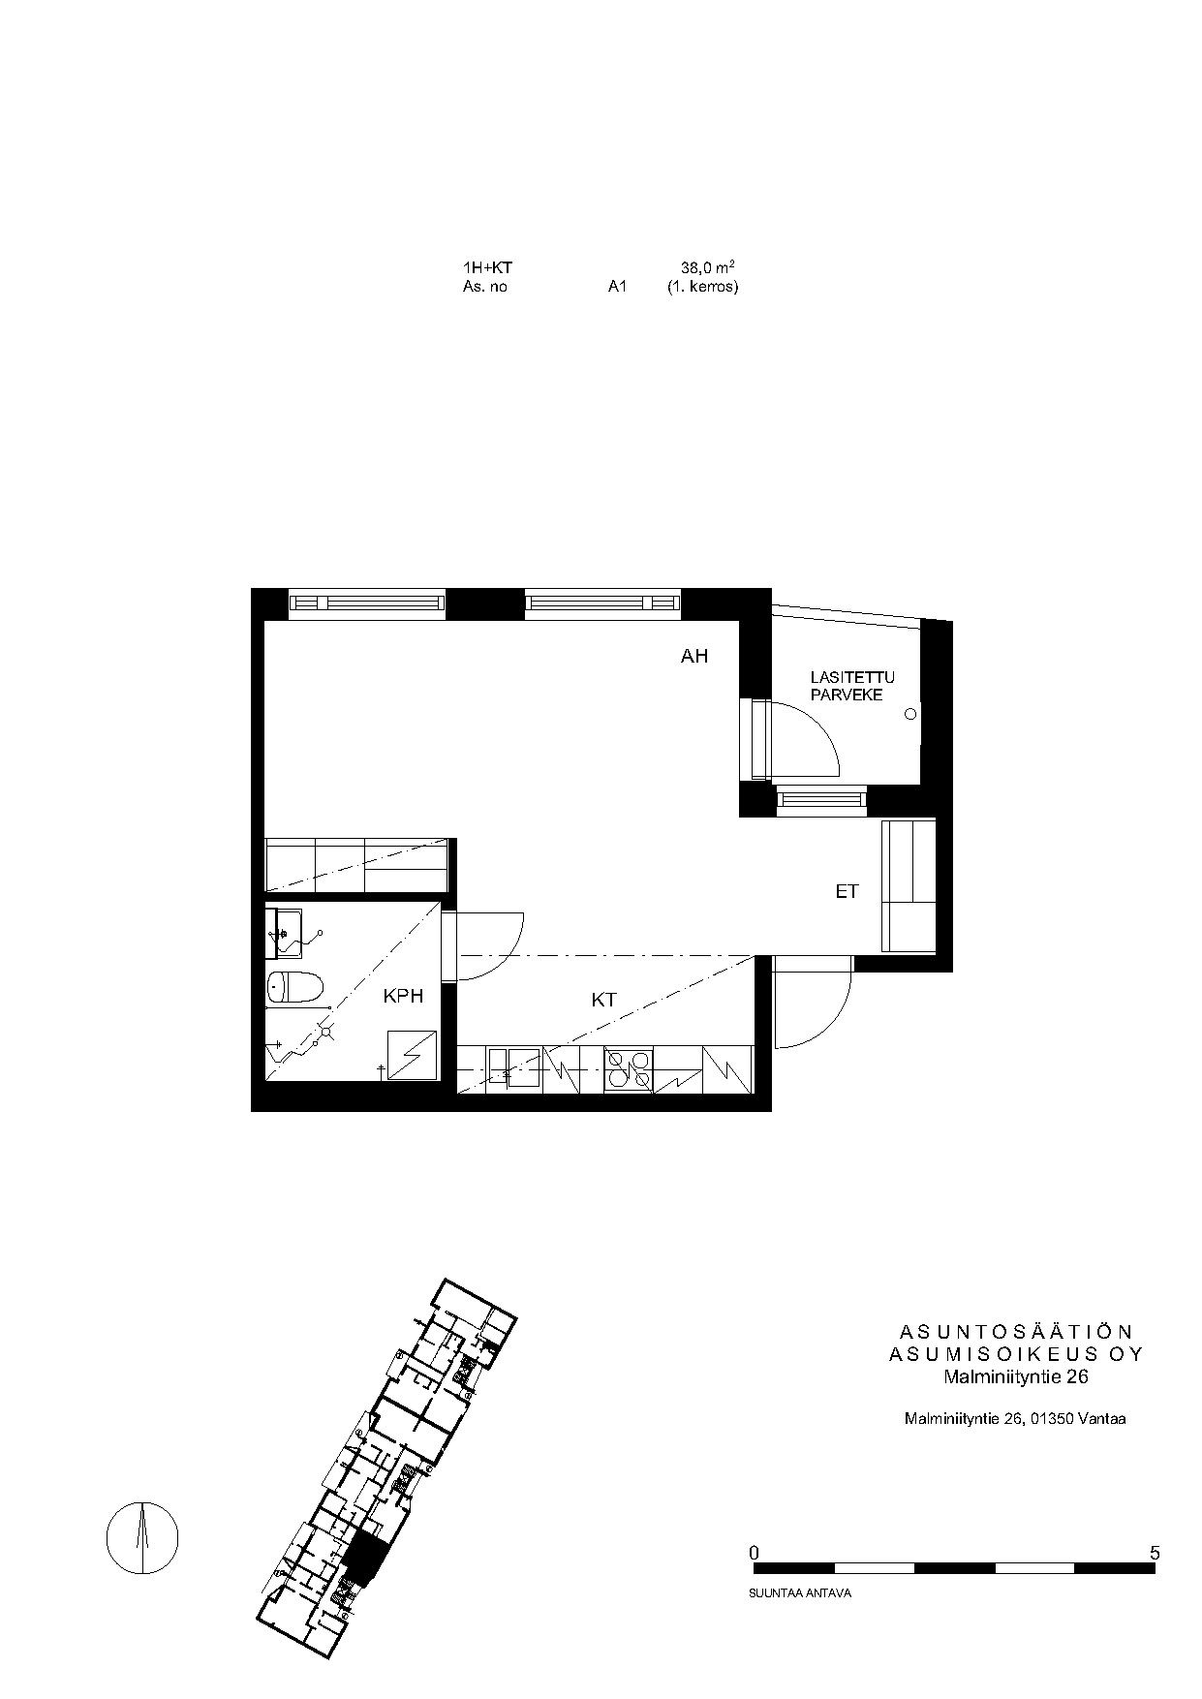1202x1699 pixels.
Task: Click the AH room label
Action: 694,657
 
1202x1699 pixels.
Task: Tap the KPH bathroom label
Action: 404,996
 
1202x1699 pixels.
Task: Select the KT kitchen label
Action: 604,1000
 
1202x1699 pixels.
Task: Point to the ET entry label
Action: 848,891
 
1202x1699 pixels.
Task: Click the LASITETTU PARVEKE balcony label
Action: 852,686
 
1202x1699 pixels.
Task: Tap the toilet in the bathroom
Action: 295,988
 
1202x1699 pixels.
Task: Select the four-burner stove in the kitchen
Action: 629,1069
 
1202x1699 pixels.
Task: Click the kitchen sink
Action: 514,1069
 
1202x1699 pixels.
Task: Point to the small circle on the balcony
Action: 910,714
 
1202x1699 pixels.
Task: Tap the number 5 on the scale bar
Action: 1155,1553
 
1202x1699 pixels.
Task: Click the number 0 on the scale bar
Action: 755,1553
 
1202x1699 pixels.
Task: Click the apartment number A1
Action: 618,287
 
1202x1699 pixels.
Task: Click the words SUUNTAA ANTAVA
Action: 800,1592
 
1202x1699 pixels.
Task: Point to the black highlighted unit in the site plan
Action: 369,1557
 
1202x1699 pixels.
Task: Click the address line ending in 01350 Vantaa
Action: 1015,1419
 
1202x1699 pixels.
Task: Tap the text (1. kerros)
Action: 702,287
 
